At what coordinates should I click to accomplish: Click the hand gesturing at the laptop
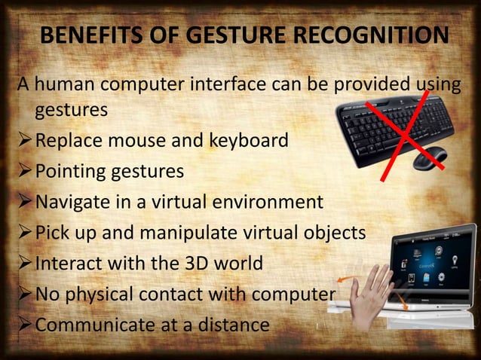click(x=371, y=294)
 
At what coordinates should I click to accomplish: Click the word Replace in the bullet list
click(x=66, y=141)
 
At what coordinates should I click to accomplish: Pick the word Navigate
click(x=74, y=203)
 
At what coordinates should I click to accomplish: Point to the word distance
click(x=234, y=325)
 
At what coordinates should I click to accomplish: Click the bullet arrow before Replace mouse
click(x=25, y=141)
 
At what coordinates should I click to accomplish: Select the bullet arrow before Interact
click(x=25, y=264)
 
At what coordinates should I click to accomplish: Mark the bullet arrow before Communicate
click(x=25, y=325)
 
